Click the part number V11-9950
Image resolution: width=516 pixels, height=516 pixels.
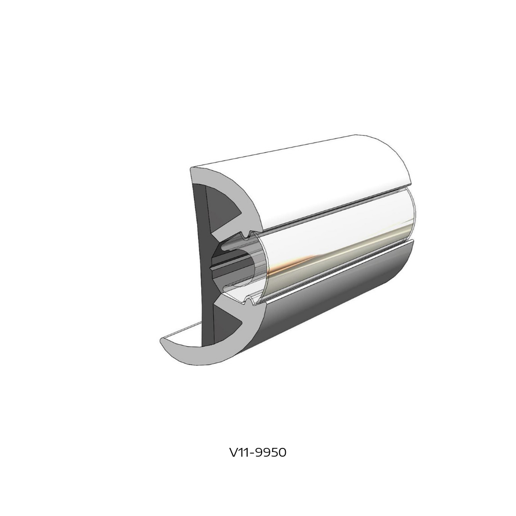(x=257, y=453)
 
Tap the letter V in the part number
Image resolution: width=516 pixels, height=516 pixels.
(x=233, y=453)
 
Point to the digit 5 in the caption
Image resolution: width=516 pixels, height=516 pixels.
(x=272, y=453)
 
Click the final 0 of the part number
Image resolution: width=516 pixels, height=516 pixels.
(x=281, y=453)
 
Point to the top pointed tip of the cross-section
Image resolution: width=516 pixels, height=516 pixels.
(x=193, y=169)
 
